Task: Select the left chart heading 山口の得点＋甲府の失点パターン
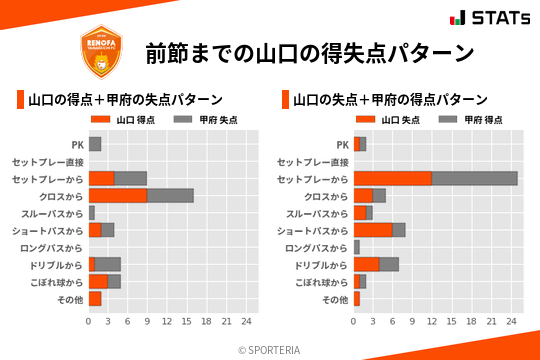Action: pos(125,100)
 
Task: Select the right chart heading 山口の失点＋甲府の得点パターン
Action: pos(390,100)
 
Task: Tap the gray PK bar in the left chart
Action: pos(95,144)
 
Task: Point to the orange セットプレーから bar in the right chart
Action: pos(392,178)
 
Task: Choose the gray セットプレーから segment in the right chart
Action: pos(475,178)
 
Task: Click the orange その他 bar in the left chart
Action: pos(95,298)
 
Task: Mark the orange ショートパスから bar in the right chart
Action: pos(372,230)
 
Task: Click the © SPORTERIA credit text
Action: pos(270,349)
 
